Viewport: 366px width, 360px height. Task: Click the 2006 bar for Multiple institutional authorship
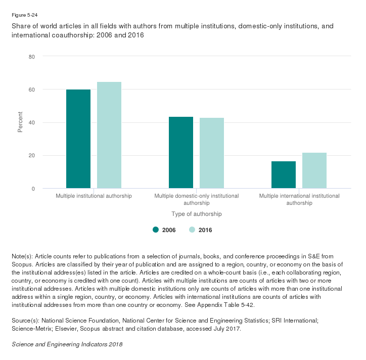(x=78, y=139)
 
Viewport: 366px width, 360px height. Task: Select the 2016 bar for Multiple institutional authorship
(x=109, y=135)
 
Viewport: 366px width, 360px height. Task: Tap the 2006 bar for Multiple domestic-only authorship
(x=181, y=153)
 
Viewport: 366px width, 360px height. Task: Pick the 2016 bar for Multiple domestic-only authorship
(x=212, y=153)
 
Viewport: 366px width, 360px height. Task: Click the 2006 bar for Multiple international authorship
(x=284, y=175)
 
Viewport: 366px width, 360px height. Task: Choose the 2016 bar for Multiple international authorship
(x=314, y=170)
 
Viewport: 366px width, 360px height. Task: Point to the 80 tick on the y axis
(x=31, y=57)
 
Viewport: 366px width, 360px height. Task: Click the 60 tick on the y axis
(x=31, y=89)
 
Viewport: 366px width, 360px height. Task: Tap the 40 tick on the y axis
(x=31, y=122)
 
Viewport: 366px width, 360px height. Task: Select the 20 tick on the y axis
(x=31, y=155)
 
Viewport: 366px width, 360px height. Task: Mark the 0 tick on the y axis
(x=33, y=189)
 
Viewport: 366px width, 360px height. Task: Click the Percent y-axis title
(x=20, y=122)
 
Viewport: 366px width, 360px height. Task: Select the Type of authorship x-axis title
(x=197, y=214)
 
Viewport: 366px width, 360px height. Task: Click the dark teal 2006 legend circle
(x=156, y=230)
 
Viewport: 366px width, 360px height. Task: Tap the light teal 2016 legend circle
(x=192, y=230)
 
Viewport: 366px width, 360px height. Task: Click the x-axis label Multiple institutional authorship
(x=94, y=196)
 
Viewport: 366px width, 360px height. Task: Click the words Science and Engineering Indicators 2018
(x=67, y=344)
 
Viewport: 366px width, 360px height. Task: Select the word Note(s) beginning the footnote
(x=22, y=257)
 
